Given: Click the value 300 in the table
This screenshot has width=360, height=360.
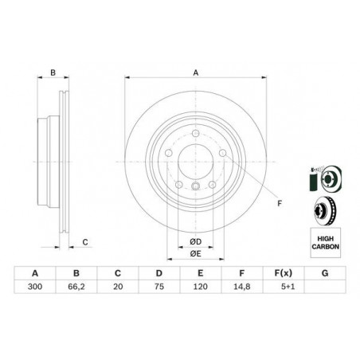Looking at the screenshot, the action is coord(35,287).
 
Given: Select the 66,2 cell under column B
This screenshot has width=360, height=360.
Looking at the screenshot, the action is coord(76,287).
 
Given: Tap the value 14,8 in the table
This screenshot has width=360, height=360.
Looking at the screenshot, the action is coord(241,287).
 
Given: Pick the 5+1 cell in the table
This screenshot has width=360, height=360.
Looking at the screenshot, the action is coord(288,287).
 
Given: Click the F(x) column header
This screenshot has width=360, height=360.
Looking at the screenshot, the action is coord(284,273).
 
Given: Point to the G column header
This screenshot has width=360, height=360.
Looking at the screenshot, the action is coord(325,273).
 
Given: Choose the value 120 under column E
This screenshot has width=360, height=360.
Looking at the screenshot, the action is coord(201,287).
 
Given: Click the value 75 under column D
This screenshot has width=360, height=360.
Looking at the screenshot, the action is coord(158,287).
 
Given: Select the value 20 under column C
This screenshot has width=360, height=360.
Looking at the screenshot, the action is coord(118,287).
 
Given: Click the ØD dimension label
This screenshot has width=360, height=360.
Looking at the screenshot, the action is coord(196,241).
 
